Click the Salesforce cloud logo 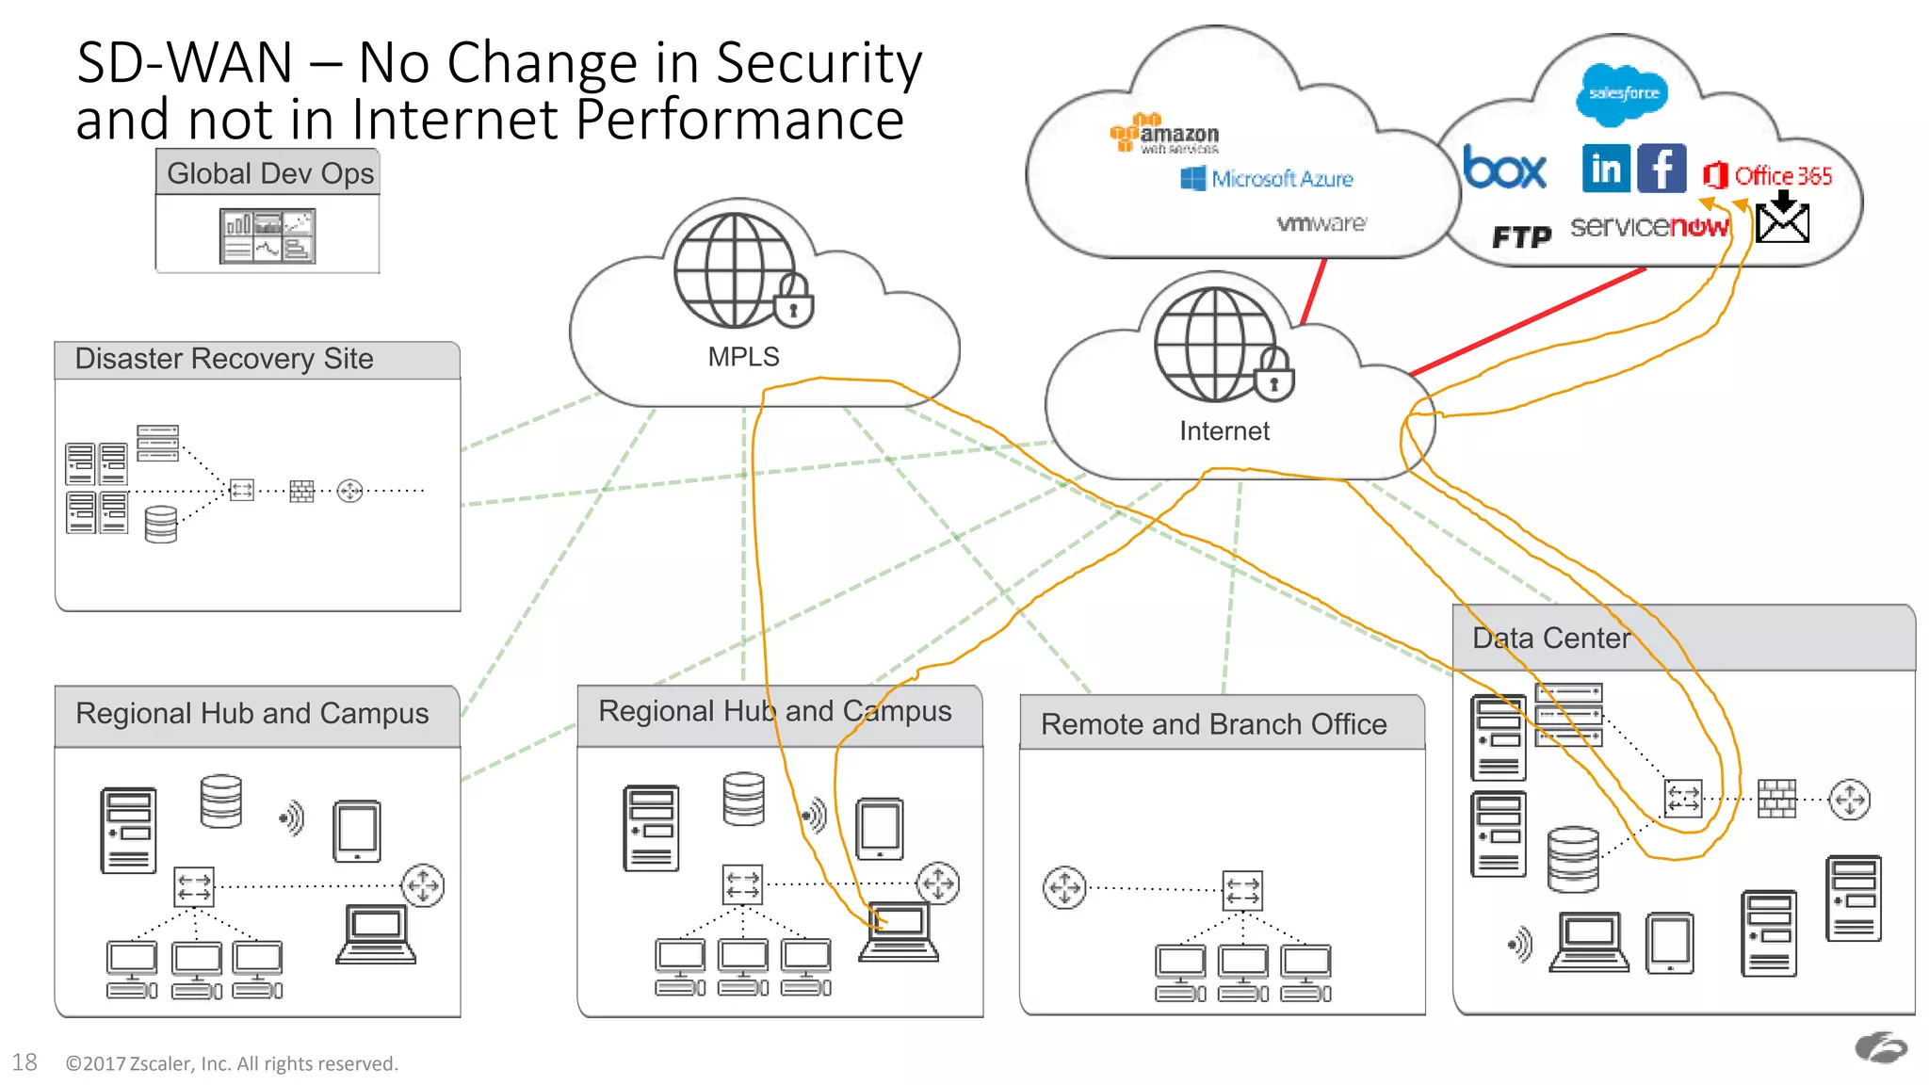[1622, 93]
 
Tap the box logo [1504, 170]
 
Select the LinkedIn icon [1606, 170]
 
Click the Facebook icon [1662, 170]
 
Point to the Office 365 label [1782, 176]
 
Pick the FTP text [1521, 236]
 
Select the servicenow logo [1648, 227]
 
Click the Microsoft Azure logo [1267, 178]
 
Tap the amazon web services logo [1164, 135]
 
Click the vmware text [1321, 224]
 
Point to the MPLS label [743, 357]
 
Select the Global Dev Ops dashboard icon [267, 235]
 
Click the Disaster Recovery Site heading [224, 359]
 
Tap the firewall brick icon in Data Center [1776, 799]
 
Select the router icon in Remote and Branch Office [1064, 887]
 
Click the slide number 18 [24, 1062]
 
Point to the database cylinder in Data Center [1573, 858]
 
